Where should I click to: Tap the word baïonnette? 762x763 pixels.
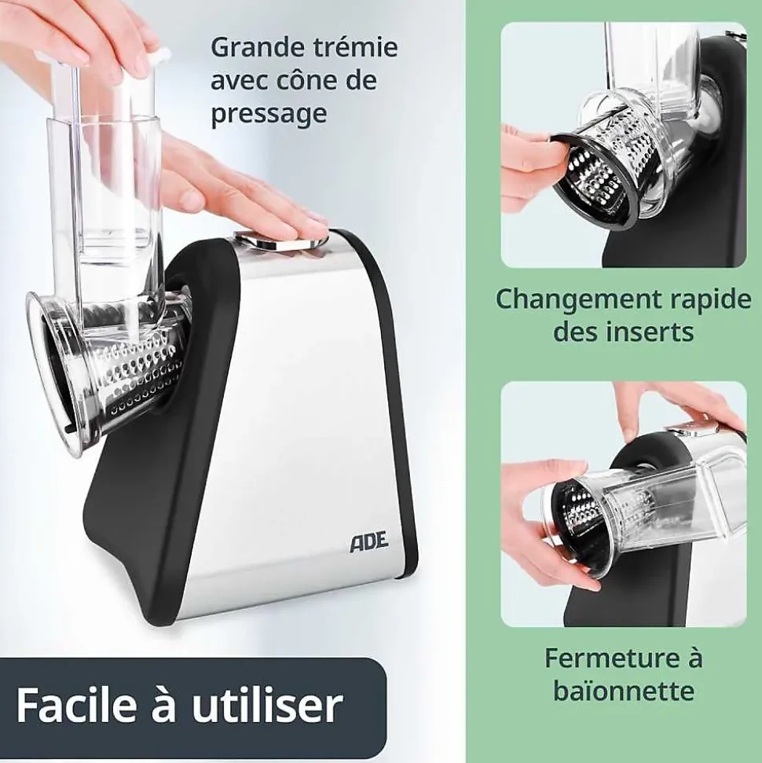623,691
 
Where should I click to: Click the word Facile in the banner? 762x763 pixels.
71,705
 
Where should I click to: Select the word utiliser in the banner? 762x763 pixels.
267,705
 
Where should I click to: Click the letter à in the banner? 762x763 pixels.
159,705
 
